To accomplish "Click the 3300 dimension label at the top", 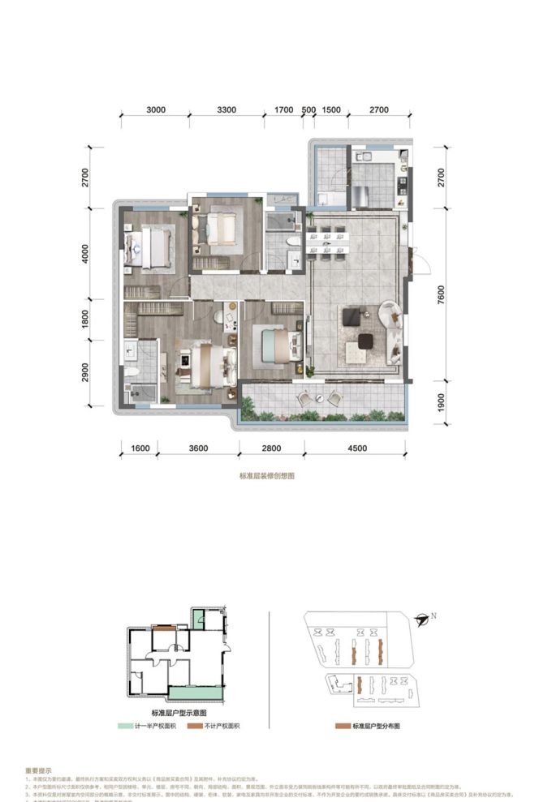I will pyautogui.click(x=227, y=109).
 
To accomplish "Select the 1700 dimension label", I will pyautogui.click(x=283, y=109).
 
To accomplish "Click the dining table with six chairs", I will pyautogui.click(x=325, y=242).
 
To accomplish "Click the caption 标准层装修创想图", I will pyautogui.click(x=266, y=477).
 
